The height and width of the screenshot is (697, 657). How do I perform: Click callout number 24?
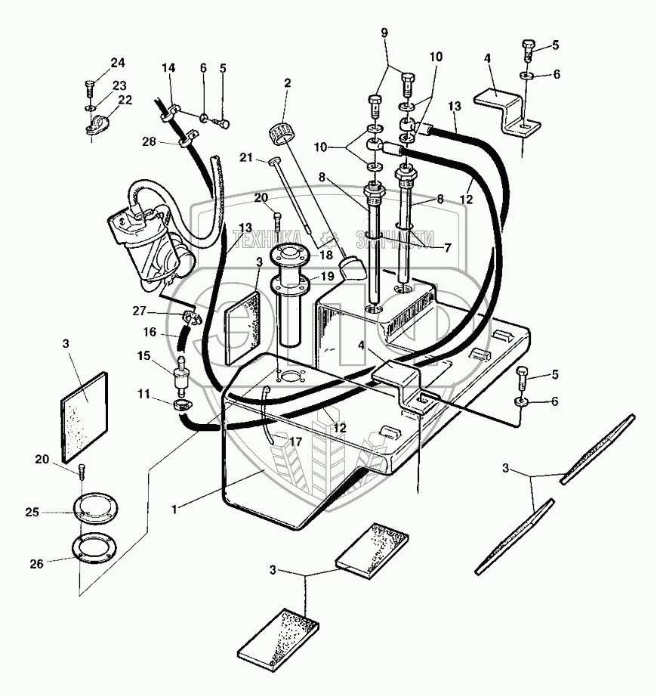(x=118, y=62)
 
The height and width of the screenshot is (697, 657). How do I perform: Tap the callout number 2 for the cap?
(x=287, y=82)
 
